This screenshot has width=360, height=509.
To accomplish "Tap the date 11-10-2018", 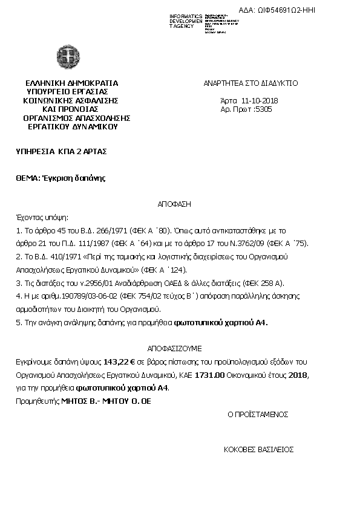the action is [260, 100].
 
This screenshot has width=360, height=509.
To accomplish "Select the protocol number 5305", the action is [264, 109].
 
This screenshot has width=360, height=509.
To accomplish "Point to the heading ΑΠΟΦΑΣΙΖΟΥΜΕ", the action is [175, 349].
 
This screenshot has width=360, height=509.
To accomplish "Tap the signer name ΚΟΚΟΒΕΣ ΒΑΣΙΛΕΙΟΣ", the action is [258, 450].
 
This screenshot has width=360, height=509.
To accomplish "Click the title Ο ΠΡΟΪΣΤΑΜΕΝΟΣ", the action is [258, 415].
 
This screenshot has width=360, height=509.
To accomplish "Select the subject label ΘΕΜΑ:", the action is [28, 178].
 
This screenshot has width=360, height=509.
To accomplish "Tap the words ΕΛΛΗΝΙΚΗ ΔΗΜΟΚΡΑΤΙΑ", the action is [72, 83].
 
